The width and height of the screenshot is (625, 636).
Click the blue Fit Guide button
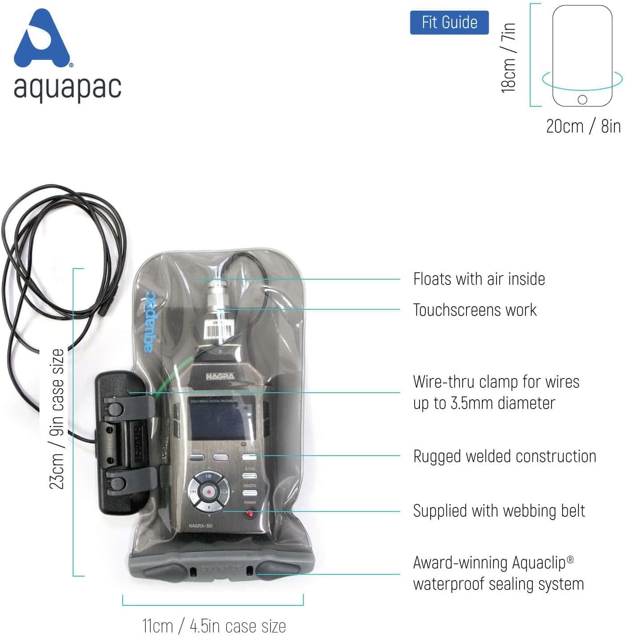tap(449, 23)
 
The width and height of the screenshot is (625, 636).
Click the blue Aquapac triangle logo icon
tap(42, 40)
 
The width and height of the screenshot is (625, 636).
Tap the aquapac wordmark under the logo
tap(67, 87)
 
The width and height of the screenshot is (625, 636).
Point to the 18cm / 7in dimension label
tap(509, 58)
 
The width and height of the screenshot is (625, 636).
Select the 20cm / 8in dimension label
tap(583, 126)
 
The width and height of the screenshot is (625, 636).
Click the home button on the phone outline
tap(582, 100)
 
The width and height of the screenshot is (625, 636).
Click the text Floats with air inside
tap(479, 279)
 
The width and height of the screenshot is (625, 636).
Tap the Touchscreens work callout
tap(474, 310)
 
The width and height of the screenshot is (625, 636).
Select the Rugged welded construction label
tap(505, 457)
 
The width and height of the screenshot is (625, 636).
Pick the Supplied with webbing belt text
tap(499, 511)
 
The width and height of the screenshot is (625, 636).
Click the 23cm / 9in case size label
tap(57, 419)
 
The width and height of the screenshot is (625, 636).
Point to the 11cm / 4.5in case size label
tap(214, 626)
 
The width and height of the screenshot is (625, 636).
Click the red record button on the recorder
tap(209, 492)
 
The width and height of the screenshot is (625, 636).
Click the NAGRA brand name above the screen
tap(220, 376)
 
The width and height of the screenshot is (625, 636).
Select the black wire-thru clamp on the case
tap(124, 443)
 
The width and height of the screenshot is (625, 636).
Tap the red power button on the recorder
tap(250, 513)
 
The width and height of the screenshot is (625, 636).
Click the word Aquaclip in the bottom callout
tap(539, 563)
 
